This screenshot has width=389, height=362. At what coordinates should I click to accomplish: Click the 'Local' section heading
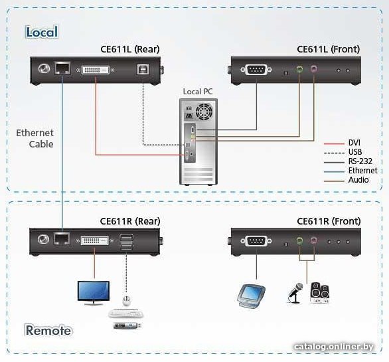[x=42, y=32]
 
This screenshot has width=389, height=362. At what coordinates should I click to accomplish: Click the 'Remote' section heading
[x=48, y=330]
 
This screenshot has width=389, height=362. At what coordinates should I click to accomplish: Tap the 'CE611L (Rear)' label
[x=130, y=49]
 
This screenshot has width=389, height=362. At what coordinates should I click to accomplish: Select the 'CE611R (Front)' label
[x=329, y=221]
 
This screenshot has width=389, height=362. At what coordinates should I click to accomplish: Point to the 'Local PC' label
[x=198, y=92]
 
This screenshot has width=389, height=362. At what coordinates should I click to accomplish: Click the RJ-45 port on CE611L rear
[x=62, y=68]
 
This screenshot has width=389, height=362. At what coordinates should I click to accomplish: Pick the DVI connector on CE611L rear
[x=96, y=70]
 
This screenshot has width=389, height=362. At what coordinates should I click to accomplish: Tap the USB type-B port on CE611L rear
[x=143, y=70]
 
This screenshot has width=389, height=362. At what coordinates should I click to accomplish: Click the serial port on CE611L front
[x=256, y=70]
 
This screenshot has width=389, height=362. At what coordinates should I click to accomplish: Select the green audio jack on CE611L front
[x=299, y=68]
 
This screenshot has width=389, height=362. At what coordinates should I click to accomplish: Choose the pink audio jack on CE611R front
[x=314, y=240]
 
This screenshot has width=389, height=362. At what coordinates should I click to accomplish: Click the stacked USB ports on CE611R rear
[x=127, y=242]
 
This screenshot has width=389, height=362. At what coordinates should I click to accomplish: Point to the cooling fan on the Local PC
[x=204, y=112]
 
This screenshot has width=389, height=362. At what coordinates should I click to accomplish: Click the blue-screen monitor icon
[x=94, y=293]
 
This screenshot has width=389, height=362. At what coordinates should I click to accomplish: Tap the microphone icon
[x=295, y=293]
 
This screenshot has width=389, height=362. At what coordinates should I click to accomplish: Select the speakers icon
[x=320, y=293]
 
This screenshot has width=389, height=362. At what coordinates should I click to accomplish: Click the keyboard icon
[x=125, y=314]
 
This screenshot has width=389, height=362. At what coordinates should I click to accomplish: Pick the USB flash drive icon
[x=127, y=325]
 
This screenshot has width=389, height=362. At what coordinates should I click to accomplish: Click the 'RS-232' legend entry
[x=360, y=161]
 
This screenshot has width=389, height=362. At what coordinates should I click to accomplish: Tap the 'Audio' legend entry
[x=358, y=180]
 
